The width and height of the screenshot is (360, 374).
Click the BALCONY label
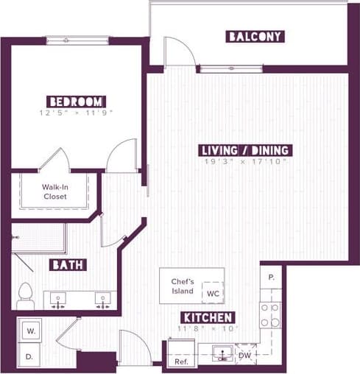255,36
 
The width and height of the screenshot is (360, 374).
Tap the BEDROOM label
76,101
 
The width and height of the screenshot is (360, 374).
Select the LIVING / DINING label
246,150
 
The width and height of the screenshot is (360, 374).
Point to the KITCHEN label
208,317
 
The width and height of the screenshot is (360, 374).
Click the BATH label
68,265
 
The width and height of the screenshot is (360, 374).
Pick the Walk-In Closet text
54,191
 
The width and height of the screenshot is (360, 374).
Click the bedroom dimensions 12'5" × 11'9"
77,113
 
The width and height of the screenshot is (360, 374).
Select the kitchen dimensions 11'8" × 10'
208,328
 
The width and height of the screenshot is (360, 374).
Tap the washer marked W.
31,331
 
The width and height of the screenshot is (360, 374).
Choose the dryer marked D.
30,357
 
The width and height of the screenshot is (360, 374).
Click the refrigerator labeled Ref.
180,361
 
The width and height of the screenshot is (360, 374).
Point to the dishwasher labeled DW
244,356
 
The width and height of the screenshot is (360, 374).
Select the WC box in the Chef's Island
213,293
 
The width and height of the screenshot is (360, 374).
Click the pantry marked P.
271,278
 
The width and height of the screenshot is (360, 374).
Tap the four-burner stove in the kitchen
270,315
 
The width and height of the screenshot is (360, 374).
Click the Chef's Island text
182,286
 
